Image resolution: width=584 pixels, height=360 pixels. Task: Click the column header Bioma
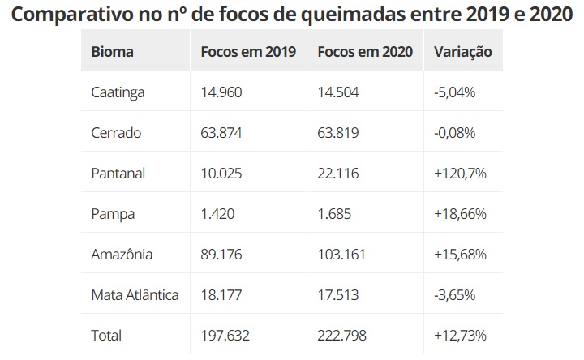(113, 52)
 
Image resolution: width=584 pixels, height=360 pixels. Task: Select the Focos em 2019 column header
(247, 52)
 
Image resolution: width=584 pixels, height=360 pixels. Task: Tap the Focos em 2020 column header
(366, 52)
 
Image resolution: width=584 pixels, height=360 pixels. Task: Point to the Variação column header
(463, 52)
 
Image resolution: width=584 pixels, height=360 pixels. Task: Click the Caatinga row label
(118, 92)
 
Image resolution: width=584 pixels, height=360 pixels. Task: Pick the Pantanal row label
(118, 174)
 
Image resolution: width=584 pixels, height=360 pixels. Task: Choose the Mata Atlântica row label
(135, 295)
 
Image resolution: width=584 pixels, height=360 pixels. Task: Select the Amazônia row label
(122, 255)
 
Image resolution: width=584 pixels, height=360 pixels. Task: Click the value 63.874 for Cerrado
(221, 133)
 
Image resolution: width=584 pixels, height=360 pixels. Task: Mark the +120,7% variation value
(460, 174)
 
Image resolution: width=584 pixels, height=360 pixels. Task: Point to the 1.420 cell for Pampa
(217, 214)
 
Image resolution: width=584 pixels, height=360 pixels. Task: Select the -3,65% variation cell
(455, 295)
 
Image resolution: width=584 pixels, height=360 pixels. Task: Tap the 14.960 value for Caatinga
(221, 92)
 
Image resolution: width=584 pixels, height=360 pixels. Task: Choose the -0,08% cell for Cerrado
(455, 133)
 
